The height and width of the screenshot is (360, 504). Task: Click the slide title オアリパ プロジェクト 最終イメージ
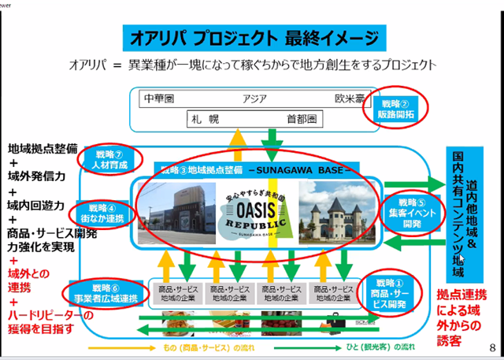pyautogui.click(x=251, y=39)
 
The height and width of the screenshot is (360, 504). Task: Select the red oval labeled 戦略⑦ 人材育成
pyautogui.click(x=110, y=158)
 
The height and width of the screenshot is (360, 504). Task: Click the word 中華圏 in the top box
pyautogui.click(x=161, y=99)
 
